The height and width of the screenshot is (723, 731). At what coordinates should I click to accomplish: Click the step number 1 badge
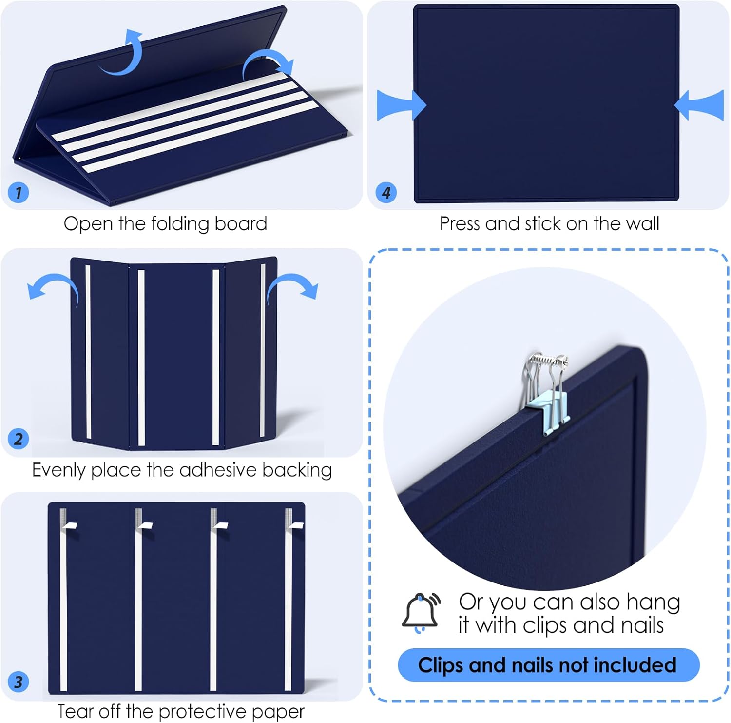point(19,192)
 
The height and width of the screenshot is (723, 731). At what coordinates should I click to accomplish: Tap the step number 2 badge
point(19,439)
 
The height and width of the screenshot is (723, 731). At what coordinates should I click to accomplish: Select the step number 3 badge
point(19,682)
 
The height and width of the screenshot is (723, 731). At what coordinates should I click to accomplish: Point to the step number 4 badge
point(386,192)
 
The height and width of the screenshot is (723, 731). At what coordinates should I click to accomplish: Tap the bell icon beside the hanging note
point(421,613)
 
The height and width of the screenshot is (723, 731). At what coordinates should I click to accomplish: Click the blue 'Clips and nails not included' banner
point(549,665)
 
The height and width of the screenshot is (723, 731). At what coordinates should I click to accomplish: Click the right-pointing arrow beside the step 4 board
point(401,105)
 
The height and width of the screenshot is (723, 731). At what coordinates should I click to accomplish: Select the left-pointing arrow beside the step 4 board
point(699,105)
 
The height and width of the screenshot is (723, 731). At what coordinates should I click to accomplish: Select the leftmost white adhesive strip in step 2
point(88,351)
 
